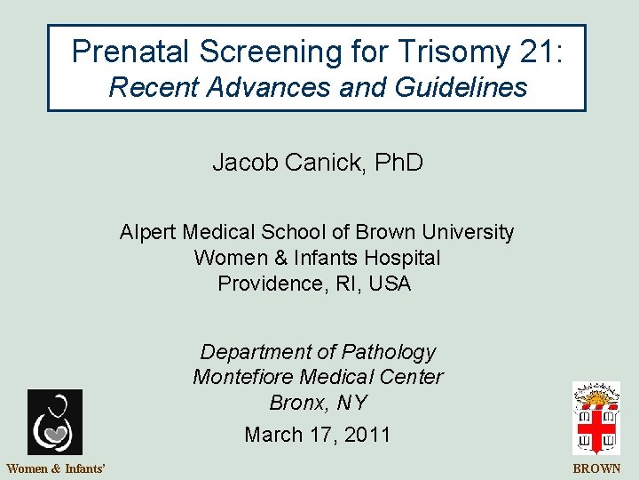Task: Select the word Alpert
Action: [x=149, y=233]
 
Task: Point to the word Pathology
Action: [x=391, y=352]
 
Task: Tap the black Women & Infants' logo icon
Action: [x=54, y=422]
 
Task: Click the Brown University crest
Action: [x=596, y=418]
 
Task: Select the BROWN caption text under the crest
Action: [x=597, y=468]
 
